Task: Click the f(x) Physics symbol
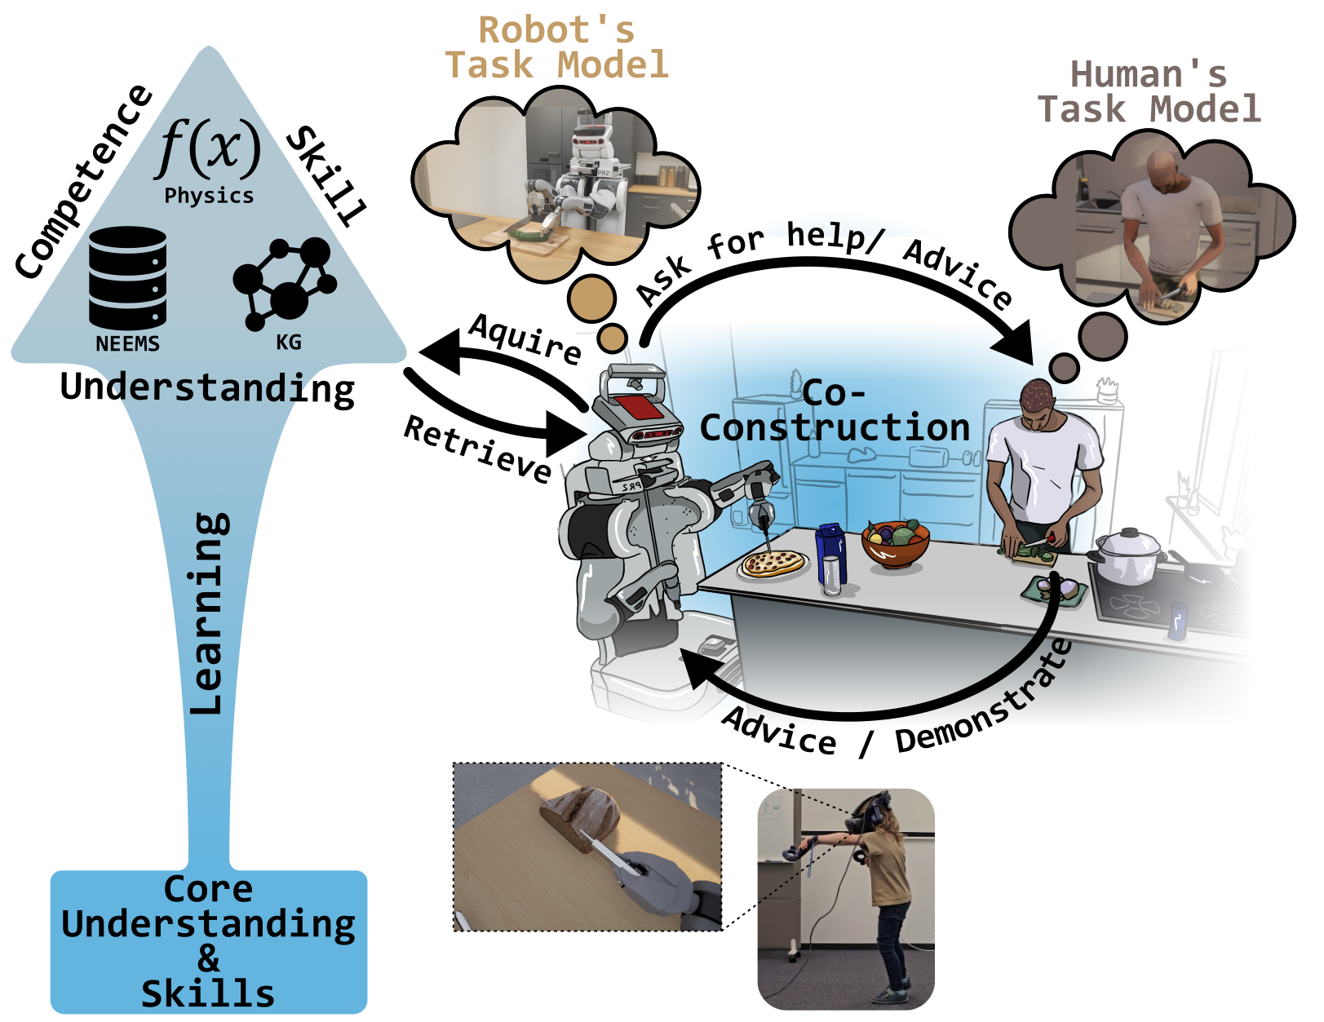(209, 149)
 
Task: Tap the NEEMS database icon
(127, 278)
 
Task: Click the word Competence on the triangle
(84, 181)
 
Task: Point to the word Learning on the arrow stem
(207, 613)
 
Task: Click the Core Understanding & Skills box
(209, 941)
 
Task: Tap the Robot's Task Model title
(556, 48)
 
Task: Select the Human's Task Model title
(1149, 92)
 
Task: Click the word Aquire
(525, 338)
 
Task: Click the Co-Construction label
(835, 411)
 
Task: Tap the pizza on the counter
(773, 564)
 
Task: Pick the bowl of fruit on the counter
(896, 542)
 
